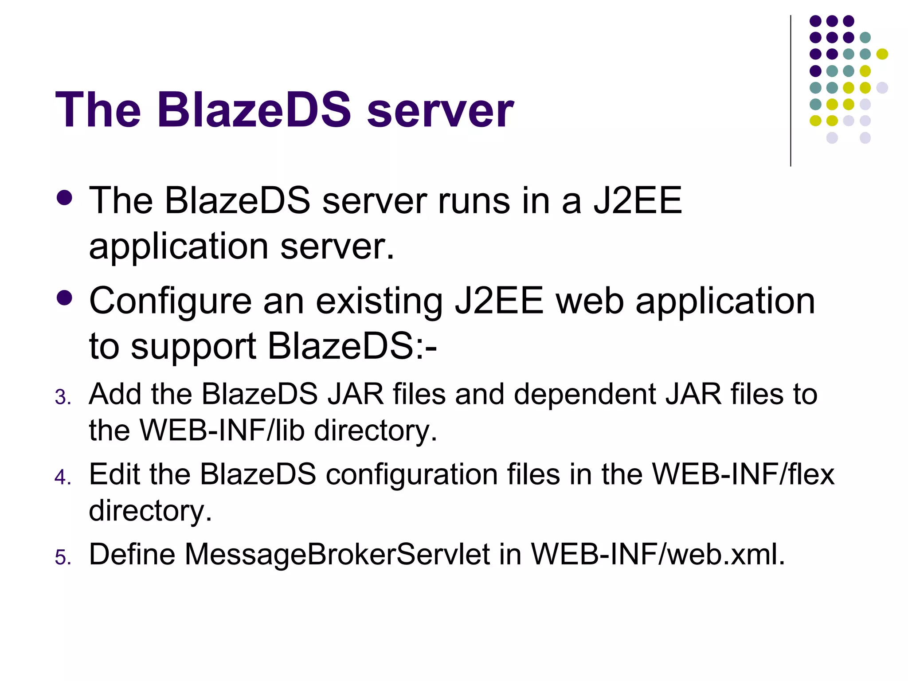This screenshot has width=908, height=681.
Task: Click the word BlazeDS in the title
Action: point(254,110)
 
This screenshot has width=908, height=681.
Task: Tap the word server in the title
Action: point(440,111)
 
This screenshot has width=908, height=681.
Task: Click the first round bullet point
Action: point(65,198)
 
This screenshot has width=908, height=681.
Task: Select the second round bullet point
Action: point(65,298)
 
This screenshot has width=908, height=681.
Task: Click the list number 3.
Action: point(63,397)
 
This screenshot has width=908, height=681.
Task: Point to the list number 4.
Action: point(63,477)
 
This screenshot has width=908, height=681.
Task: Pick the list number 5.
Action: point(63,557)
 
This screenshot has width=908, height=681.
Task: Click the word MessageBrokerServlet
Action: point(337,554)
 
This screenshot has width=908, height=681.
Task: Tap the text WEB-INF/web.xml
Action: point(658,554)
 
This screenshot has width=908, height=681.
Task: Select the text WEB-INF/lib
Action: point(222,430)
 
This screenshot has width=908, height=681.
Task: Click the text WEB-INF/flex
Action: point(744,474)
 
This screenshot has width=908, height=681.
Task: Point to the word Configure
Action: point(171,301)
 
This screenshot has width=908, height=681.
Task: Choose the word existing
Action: point(379,301)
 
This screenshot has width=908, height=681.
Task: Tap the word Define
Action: point(132,554)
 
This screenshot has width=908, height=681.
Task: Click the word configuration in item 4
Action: point(412,474)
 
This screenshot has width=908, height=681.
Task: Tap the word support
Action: point(194,347)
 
